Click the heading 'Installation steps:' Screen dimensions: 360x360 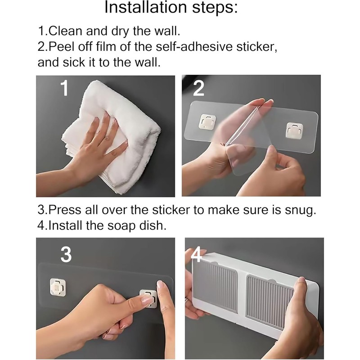pyautogui.click(x=171, y=8)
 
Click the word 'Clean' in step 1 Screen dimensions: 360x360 pyautogui.click(x=65, y=31)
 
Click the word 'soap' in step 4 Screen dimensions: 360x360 pyautogui.click(x=121, y=226)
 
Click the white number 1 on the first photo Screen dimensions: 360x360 pyautogui.click(x=65, y=89)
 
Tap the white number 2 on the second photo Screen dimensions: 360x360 pyautogui.click(x=198, y=89)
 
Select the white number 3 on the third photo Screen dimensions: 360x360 pyautogui.click(x=66, y=255)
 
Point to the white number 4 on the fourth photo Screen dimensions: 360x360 pyautogui.click(x=196, y=254)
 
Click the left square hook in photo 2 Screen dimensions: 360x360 pyautogui.click(x=207, y=121)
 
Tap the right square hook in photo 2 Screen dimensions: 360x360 pyautogui.click(x=295, y=130)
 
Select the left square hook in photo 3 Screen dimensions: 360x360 pyautogui.click(x=58, y=287)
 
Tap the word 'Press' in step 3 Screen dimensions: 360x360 pyautogui.click(x=65, y=210)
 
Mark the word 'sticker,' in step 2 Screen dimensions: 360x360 pyautogui.click(x=256, y=47)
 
